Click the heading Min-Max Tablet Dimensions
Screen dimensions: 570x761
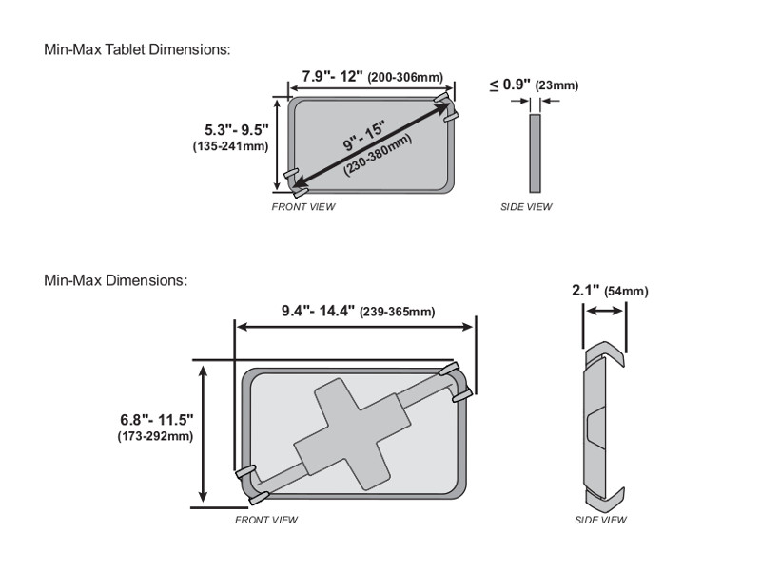click(137, 48)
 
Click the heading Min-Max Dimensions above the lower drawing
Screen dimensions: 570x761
click(116, 280)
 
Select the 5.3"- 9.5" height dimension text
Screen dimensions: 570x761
click(237, 128)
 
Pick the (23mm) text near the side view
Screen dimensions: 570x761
click(556, 85)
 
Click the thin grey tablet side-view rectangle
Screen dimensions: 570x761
click(535, 153)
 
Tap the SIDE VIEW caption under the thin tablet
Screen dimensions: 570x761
click(526, 207)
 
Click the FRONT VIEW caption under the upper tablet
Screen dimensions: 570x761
click(303, 207)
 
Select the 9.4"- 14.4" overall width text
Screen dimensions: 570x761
click(318, 311)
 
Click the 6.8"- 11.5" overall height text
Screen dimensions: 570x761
click(157, 419)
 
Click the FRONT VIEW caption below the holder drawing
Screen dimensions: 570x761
click(266, 521)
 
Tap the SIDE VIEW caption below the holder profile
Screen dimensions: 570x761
click(600, 521)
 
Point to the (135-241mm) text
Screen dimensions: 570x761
click(230, 146)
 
